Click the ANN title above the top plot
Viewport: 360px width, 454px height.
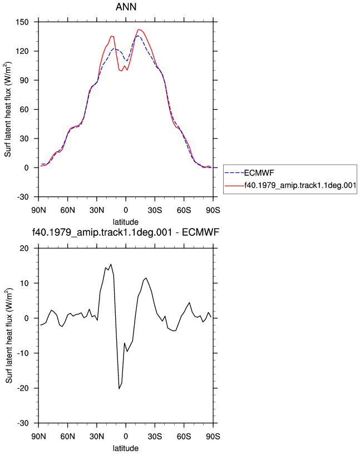click(x=126, y=7)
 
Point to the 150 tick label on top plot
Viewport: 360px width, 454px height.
click(x=22, y=22)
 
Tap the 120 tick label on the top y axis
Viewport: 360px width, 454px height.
click(x=22, y=51)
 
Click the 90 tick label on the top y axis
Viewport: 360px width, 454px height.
click(x=24, y=80)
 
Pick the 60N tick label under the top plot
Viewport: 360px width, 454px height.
click(x=67, y=210)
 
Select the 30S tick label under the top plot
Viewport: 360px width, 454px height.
click(x=155, y=210)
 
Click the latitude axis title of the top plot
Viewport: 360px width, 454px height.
click(x=126, y=222)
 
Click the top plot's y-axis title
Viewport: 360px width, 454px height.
click(x=8, y=109)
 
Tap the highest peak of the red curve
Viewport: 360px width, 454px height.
click(x=139, y=29)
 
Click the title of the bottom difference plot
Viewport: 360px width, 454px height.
click(x=126, y=232)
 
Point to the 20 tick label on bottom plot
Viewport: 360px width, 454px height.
click(x=24, y=249)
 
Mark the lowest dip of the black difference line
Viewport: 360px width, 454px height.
click(x=119, y=388)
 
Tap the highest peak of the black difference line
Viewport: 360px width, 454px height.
click(x=111, y=264)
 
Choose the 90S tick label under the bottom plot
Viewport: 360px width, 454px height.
click(x=213, y=436)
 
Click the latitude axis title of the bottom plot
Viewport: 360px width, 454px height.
click(x=126, y=448)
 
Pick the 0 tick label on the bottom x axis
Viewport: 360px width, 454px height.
click(x=126, y=436)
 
